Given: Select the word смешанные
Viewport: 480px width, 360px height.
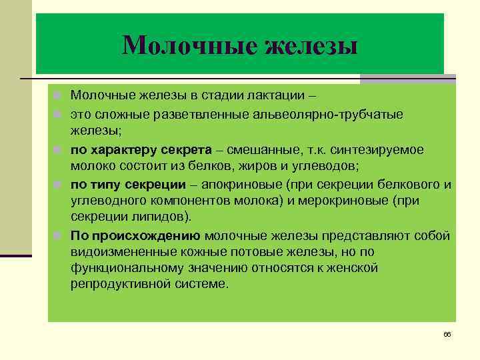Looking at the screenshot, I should click(x=254, y=149).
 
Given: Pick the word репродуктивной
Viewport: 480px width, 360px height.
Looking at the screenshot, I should click(x=124, y=285).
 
